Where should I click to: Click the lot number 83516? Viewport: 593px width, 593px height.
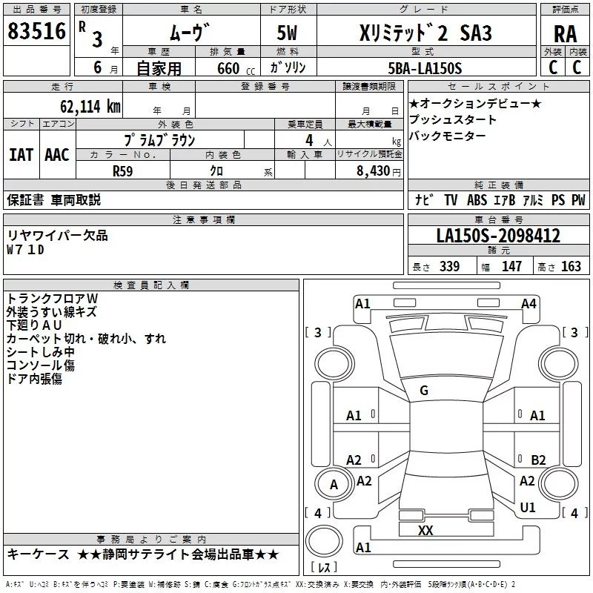tap(36, 33)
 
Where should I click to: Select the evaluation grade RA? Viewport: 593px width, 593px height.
tap(565, 34)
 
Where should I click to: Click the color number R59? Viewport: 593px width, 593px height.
tap(123, 170)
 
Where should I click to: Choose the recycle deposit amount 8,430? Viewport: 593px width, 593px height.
tap(374, 170)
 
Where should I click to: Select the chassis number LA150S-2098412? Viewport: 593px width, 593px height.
tap(498, 236)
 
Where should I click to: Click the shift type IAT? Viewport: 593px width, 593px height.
tap(21, 154)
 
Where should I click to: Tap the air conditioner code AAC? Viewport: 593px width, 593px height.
tap(57, 154)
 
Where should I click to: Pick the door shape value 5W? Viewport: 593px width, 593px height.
tap(288, 33)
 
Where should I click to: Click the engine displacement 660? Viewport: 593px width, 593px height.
tap(228, 69)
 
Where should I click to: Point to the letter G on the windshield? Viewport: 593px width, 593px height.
tap(424, 391)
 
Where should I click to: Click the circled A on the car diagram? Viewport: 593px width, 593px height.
tap(334, 485)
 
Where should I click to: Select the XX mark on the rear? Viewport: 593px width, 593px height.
tap(425, 530)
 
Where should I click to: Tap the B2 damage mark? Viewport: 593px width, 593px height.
tap(538, 460)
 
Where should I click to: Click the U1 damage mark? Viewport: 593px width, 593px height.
tap(528, 507)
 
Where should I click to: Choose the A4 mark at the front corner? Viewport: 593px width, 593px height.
tap(529, 303)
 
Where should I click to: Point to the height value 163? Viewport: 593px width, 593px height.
tap(571, 266)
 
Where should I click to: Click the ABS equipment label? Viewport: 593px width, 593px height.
tap(477, 200)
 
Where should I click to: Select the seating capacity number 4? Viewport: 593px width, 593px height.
tap(308, 140)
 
